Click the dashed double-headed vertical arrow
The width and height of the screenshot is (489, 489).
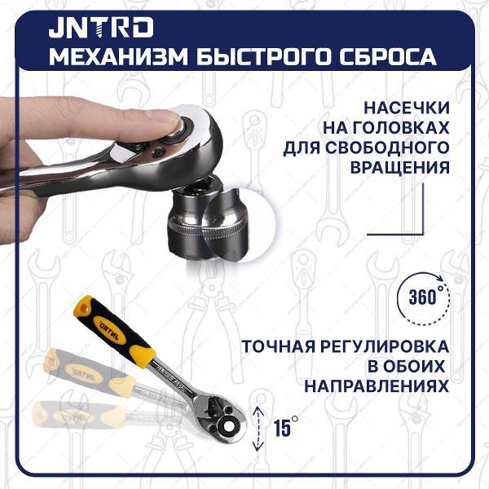click(x=259, y=426)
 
